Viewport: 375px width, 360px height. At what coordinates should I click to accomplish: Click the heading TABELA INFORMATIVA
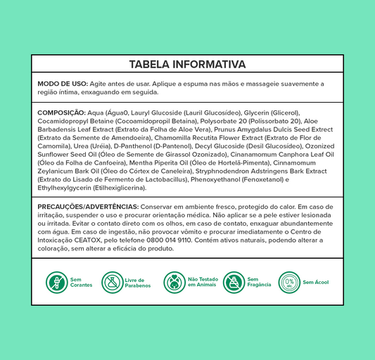(187, 64)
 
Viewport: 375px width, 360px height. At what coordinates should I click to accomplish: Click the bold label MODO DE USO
(58, 84)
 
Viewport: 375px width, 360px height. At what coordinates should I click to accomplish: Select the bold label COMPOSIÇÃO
(61, 112)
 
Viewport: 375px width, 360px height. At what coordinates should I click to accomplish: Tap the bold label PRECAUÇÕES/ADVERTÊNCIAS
(88, 207)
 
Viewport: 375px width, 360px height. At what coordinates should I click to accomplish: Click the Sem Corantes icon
(56, 283)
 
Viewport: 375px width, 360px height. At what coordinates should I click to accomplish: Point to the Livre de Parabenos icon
(113, 283)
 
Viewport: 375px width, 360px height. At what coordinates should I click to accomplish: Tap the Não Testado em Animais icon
(174, 283)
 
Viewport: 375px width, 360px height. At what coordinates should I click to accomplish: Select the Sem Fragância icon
(234, 283)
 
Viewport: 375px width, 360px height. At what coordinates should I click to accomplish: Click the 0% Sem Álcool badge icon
(289, 283)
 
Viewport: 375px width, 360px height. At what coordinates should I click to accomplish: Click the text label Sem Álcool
(315, 283)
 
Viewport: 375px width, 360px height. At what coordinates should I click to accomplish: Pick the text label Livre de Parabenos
(139, 283)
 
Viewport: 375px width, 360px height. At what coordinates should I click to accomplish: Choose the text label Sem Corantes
(81, 283)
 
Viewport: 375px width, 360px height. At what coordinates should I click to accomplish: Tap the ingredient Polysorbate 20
(203, 121)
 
